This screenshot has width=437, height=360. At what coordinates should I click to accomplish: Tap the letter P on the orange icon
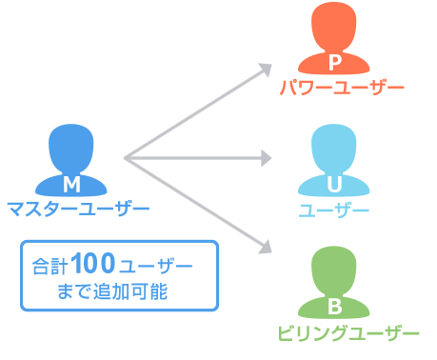coord(334,63)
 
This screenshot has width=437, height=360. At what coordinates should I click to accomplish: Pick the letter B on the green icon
coord(334,307)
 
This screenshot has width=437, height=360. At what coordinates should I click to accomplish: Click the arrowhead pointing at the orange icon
coord(266,69)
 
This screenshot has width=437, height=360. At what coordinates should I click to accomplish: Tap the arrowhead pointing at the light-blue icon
coord(268,155)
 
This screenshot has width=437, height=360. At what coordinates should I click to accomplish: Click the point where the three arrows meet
coord(127,156)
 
